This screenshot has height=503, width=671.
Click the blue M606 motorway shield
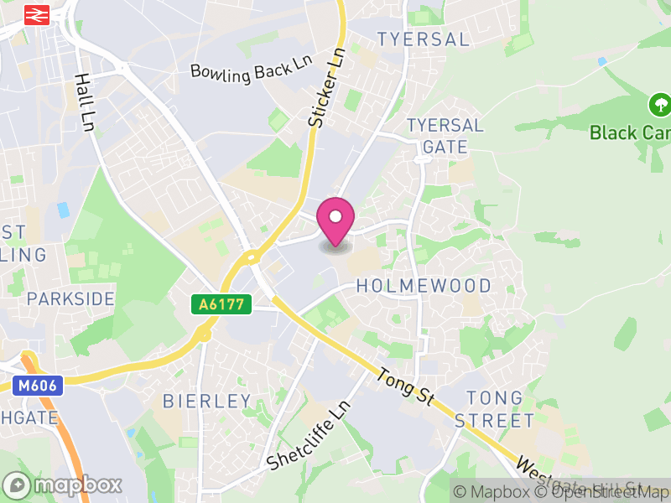(x=37, y=385)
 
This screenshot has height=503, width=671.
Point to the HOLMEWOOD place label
(x=424, y=286)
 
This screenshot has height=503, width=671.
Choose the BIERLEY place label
(x=207, y=401)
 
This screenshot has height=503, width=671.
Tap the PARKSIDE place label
(x=70, y=298)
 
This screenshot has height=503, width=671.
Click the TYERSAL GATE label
(x=445, y=136)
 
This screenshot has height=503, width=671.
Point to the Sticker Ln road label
(x=327, y=88)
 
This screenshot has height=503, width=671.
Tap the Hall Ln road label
(x=84, y=101)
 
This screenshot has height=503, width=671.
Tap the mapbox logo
(x=63, y=485)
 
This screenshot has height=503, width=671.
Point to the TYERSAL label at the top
(x=423, y=39)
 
